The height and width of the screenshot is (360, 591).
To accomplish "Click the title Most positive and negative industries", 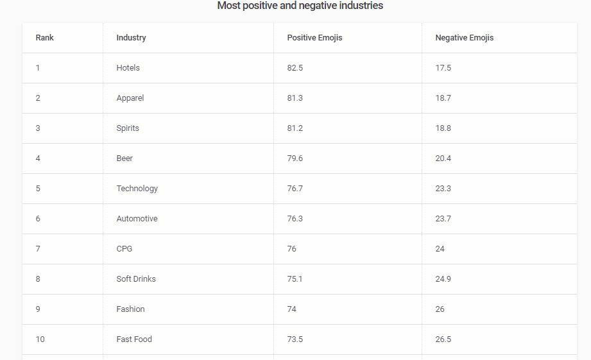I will pyautogui.click(x=300, y=6).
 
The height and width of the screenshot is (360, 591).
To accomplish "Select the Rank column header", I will pyautogui.click(x=45, y=38).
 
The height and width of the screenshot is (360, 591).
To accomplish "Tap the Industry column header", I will pyautogui.click(x=131, y=38).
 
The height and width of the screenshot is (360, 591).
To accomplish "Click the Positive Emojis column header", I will pyautogui.click(x=314, y=38).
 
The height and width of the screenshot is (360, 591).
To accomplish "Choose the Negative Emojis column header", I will pyautogui.click(x=464, y=38).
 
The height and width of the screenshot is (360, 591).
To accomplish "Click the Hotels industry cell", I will pyautogui.click(x=128, y=68).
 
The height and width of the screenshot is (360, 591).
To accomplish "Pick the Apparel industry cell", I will pyautogui.click(x=130, y=98).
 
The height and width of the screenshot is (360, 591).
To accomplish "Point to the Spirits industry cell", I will pyautogui.click(x=128, y=128).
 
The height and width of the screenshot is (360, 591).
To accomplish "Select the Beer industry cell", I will pyautogui.click(x=124, y=159).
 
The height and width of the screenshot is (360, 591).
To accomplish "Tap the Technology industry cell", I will pyautogui.click(x=137, y=189).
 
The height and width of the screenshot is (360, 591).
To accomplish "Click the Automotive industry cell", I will pyautogui.click(x=137, y=219).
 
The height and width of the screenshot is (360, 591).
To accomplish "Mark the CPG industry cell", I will pyautogui.click(x=124, y=249).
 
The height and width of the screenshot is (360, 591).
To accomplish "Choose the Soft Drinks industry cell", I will pyautogui.click(x=136, y=279).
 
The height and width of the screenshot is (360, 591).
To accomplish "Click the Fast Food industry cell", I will pyautogui.click(x=134, y=339).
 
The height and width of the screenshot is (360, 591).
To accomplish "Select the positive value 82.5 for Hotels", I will pyautogui.click(x=295, y=68).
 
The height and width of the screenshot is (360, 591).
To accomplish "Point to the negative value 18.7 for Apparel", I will pyautogui.click(x=443, y=98).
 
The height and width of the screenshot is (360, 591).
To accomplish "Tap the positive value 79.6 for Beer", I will pyautogui.click(x=295, y=159).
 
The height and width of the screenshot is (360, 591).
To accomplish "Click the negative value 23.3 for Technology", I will pyautogui.click(x=443, y=189).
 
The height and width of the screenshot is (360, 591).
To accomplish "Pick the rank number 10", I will pyautogui.click(x=40, y=339).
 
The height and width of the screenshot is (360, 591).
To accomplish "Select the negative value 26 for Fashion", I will pyautogui.click(x=440, y=309).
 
